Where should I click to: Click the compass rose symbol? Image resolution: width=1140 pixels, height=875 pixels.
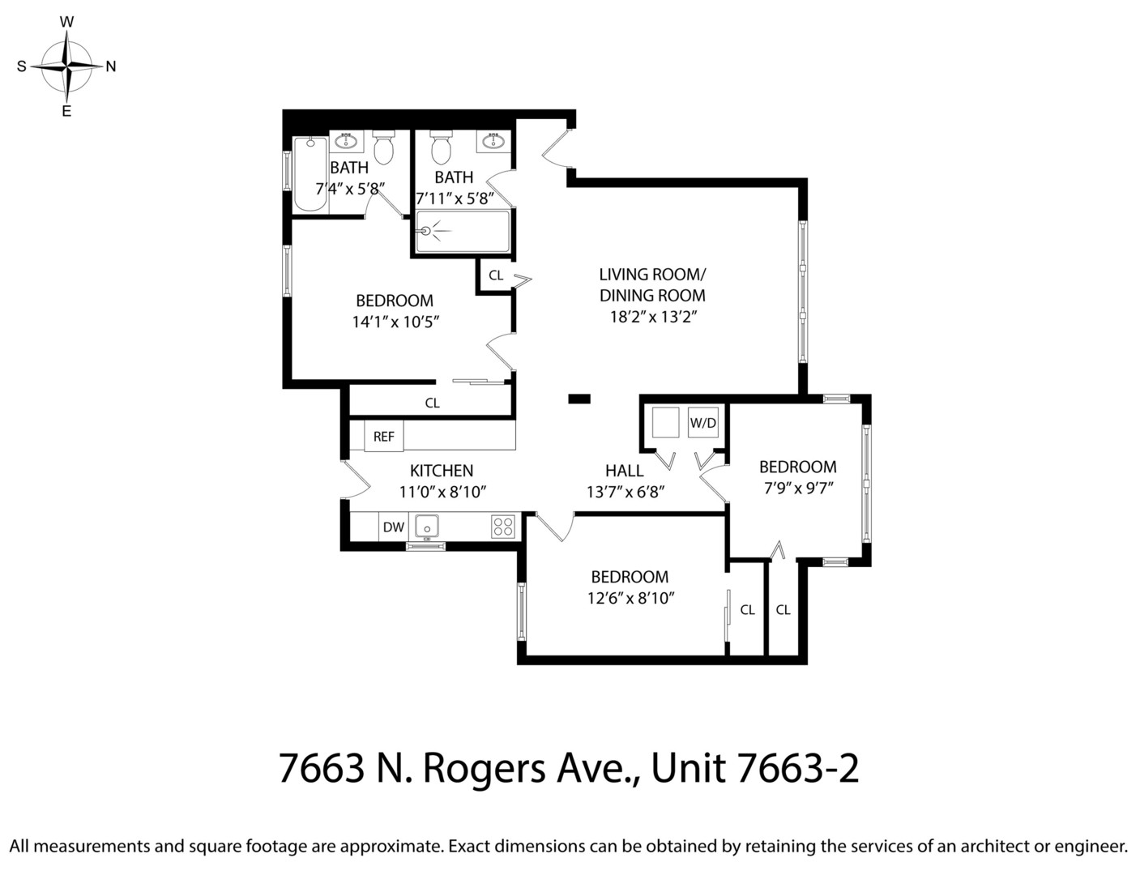[66, 66]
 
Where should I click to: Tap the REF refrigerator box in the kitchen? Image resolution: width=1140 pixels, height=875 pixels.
[383, 437]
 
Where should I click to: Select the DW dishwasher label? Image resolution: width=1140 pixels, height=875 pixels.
[394, 527]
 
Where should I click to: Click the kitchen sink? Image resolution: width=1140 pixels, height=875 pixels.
[426, 527]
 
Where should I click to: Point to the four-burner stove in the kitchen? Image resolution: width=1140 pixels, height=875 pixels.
[502, 527]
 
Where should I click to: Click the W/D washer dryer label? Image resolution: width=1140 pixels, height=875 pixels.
[702, 422]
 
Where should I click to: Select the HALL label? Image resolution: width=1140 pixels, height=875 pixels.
[625, 471]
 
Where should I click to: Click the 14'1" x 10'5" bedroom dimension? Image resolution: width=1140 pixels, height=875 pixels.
[395, 322]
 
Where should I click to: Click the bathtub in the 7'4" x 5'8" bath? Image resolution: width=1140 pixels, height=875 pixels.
[310, 174]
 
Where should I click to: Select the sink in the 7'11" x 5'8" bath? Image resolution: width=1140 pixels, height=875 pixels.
[493, 142]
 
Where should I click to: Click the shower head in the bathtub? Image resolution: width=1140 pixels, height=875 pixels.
[425, 231]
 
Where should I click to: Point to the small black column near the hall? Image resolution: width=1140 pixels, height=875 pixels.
[579, 398]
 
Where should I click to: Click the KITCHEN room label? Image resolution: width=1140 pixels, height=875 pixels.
[441, 471]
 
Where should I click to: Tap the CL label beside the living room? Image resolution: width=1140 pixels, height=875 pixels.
[496, 275]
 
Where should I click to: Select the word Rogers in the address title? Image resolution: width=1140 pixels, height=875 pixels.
[484, 768]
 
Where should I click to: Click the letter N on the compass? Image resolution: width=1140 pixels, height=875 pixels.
[111, 66]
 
